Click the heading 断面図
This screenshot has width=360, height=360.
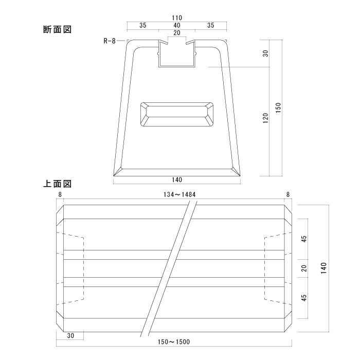(57, 30)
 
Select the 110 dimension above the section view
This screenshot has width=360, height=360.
(176, 17)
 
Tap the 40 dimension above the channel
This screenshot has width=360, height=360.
(176, 25)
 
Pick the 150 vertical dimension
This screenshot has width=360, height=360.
(278, 107)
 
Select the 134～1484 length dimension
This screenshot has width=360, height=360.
(176, 194)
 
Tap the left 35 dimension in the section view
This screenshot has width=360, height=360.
(142, 25)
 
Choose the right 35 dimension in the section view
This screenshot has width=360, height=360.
(211, 25)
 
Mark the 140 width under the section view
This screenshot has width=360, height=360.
(176, 179)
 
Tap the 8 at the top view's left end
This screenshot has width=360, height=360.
(60, 194)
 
